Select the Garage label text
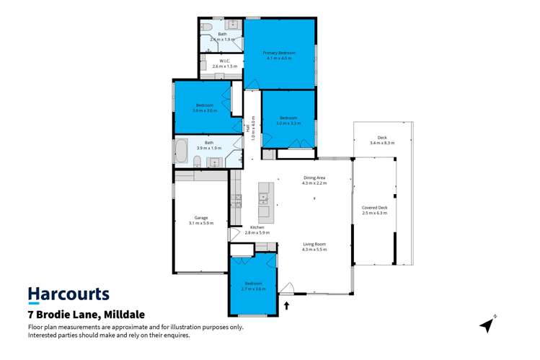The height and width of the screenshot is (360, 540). coord(201,219)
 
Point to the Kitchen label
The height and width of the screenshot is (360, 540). coord(257,229)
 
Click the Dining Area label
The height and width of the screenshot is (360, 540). coord(314,180)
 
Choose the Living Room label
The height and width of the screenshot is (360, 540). coord(314,246)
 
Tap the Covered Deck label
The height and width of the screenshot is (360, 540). coord(374,209)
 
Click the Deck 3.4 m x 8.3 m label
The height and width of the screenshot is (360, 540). coord(382,140)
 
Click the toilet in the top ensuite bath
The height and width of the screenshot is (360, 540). coord(205,27)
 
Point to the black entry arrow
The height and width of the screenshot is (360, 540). coord(286,306)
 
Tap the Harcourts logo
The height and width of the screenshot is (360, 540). coord(68,294)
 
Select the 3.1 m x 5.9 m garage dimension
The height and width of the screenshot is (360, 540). coord(201,224)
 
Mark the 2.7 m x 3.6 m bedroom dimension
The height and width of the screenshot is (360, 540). coord(253,289)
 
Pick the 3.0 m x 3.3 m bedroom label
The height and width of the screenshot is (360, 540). coord(288,120)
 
